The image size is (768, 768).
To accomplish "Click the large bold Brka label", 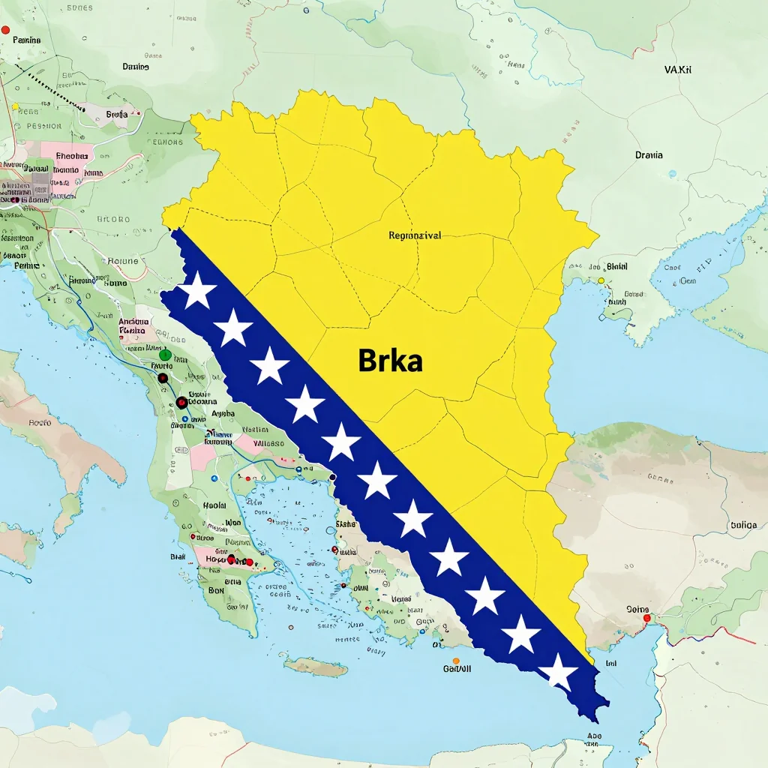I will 390,361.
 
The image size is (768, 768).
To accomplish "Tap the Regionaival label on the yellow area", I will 415,235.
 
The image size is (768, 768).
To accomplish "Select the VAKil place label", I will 678,70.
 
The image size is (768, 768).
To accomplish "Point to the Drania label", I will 649,155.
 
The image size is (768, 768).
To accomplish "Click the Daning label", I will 135,67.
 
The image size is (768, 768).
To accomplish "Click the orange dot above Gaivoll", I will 456,661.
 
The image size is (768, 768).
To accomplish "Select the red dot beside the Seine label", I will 646,619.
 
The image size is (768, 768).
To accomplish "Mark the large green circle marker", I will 166,355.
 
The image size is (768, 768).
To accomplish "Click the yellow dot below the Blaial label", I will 601,280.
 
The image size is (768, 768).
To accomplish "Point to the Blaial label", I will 616,266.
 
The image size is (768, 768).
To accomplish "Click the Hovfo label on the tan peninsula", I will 39,423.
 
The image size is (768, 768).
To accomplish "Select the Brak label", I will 178,556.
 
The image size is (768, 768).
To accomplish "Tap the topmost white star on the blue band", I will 197,291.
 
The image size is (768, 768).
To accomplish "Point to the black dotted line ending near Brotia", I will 52,91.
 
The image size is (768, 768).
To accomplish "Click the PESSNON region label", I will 43,127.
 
